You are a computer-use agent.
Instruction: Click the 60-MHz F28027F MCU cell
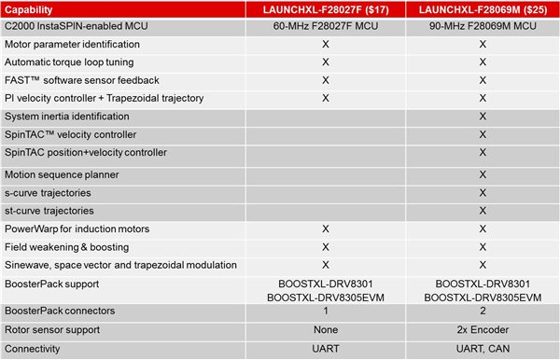tap(326, 28)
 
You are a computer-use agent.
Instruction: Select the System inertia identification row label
tap(66, 117)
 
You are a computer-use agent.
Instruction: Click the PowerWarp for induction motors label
tap(77, 228)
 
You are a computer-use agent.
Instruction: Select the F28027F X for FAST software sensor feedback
tap(326, 79)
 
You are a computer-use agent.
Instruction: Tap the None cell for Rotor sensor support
tap(326, 329)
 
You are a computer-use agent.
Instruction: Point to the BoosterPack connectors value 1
tap(326, 311)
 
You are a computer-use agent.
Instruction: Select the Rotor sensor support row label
tap(53, 329)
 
